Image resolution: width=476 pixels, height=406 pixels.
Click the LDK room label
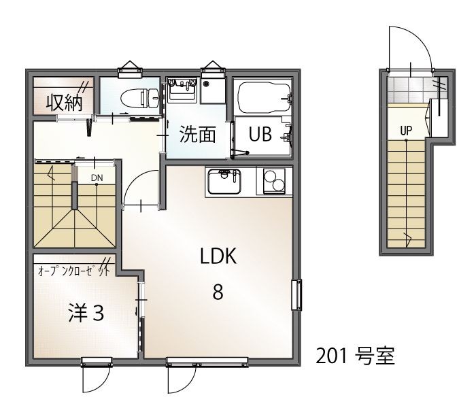click(x=218, y=257)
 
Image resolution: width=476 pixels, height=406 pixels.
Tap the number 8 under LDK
click(x=218, y=292)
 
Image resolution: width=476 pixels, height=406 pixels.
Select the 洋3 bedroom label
click(x=86, y=314)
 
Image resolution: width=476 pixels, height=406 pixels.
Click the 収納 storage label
click(x=64, y=102)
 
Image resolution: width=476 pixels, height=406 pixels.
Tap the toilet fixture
click(x=136, y=98)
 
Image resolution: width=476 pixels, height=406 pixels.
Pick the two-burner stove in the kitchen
click(x=274, y=182)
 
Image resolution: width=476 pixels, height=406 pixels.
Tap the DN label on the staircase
click(x=97, y=177)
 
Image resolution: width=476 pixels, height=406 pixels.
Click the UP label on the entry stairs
click(x=406, y=131)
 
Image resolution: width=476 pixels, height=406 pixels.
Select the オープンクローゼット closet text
click(x=75, y=271)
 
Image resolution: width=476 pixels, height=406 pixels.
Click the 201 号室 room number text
click(x=354, y=356)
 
